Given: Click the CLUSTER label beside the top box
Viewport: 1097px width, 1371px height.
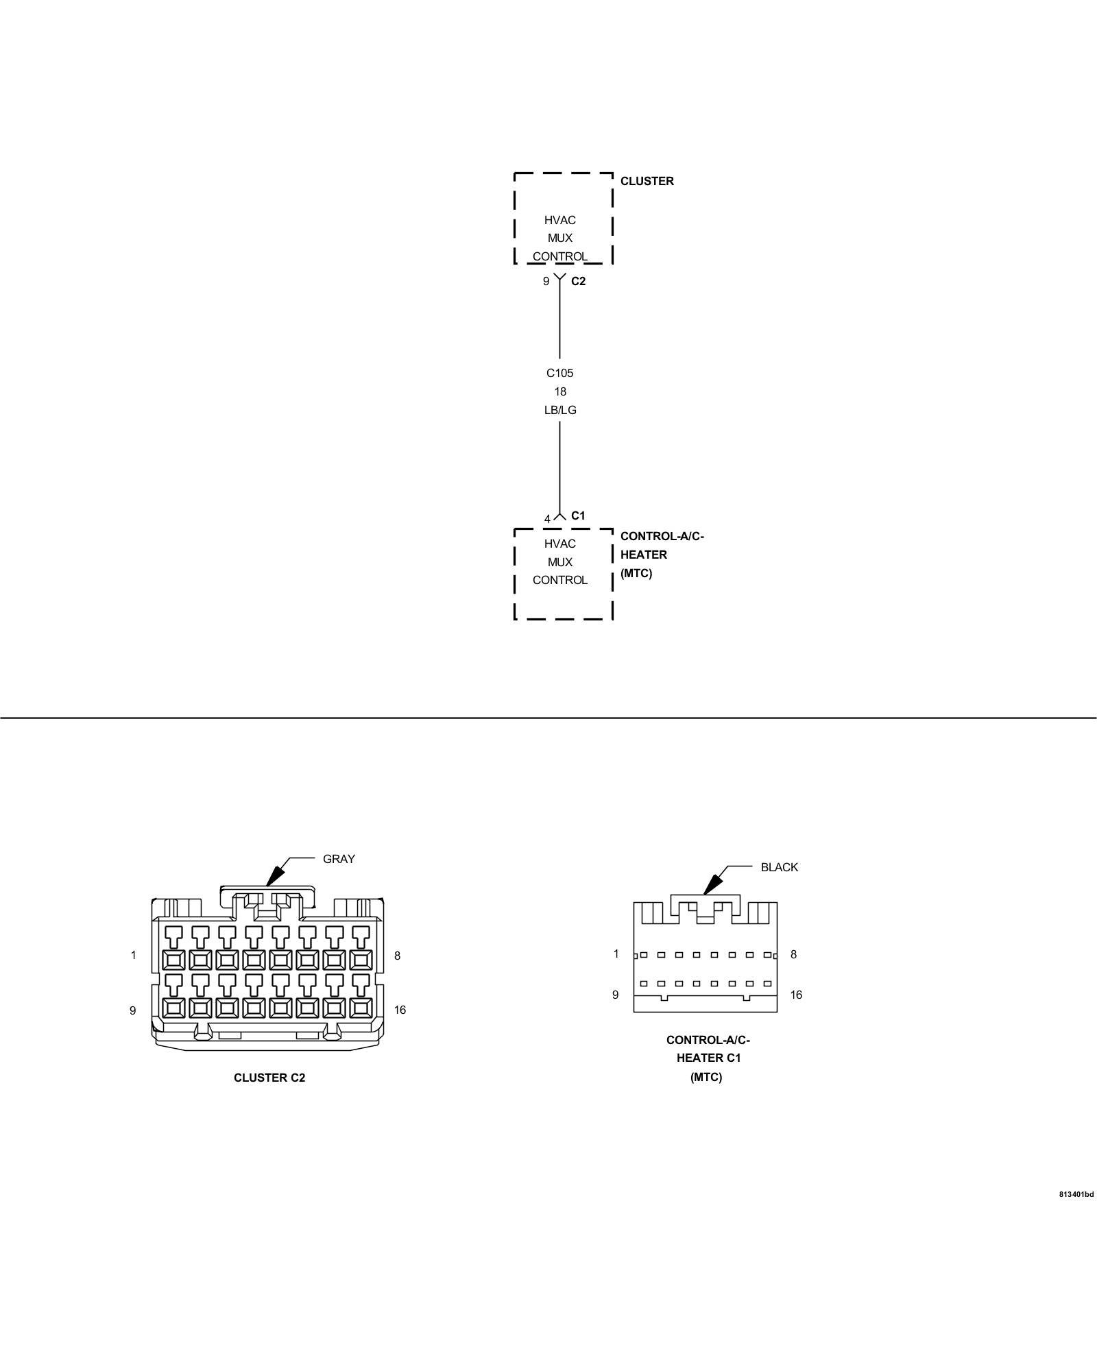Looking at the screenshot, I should coord(647,181).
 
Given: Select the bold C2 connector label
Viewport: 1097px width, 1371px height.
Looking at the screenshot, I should coord(578,281).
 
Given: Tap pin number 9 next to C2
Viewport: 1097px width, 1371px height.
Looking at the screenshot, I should coord(546,281).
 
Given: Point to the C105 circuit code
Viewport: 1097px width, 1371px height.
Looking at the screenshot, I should coord(559,373).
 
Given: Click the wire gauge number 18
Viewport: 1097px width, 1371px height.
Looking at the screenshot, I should coord(560,391).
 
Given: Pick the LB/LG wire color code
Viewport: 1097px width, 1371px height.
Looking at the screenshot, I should coord(559,410).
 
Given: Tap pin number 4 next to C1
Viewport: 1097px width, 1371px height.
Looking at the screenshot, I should coord(547,519).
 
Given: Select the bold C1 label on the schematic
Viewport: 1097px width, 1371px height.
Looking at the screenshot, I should coord(578,515).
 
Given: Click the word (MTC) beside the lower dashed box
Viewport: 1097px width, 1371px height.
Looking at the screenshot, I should coord(636,573).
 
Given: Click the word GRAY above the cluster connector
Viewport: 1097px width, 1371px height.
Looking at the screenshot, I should coord(339,859).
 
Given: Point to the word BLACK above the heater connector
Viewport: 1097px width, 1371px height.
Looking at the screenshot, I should coord(779,867).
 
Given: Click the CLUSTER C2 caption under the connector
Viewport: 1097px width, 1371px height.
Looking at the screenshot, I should coord(269,1077).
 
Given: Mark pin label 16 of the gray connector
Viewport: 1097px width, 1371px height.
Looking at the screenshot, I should coord(400,1010).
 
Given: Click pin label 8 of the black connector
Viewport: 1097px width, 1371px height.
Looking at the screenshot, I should coord(793,954).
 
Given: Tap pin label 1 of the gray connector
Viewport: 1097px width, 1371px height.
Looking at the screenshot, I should coord(134,955).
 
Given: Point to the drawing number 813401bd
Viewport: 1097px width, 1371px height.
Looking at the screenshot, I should coord(1076,1194).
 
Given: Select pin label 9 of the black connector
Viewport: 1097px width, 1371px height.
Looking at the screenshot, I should coord(615,995).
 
